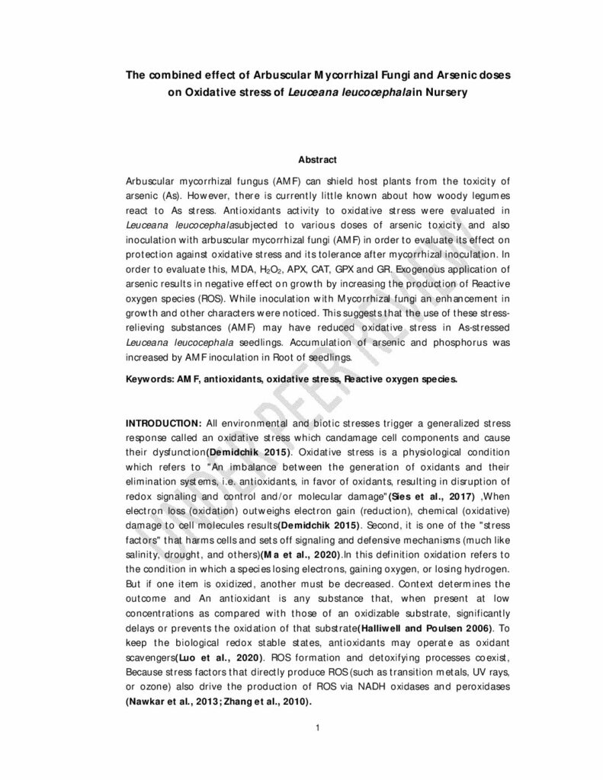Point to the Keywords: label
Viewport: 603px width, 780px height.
(150, 378)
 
